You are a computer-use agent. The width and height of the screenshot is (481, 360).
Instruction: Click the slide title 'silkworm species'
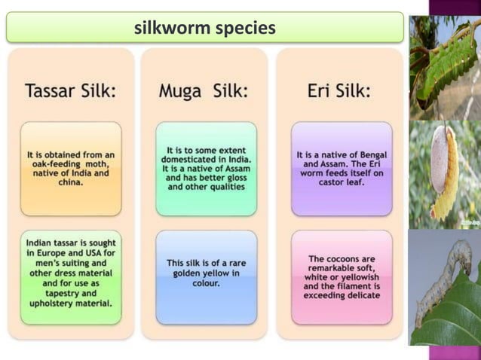coord(204,29)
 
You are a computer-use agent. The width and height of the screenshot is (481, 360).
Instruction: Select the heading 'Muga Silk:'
coord(204,91)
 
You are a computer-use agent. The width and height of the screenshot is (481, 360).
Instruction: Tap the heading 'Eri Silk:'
coord(339,91)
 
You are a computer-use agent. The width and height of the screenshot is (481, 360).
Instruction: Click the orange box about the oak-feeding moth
coord(71,169)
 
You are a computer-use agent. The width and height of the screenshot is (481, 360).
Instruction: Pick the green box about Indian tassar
coord(71,276)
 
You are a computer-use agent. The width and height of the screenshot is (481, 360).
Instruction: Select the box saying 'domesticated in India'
coord(206,169)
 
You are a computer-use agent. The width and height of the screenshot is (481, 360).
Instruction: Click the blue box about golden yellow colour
coord(206,276)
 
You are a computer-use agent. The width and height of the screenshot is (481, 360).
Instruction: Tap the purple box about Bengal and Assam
coord(342,169)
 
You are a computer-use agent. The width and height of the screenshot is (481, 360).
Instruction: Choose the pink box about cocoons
coord(342,276)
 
